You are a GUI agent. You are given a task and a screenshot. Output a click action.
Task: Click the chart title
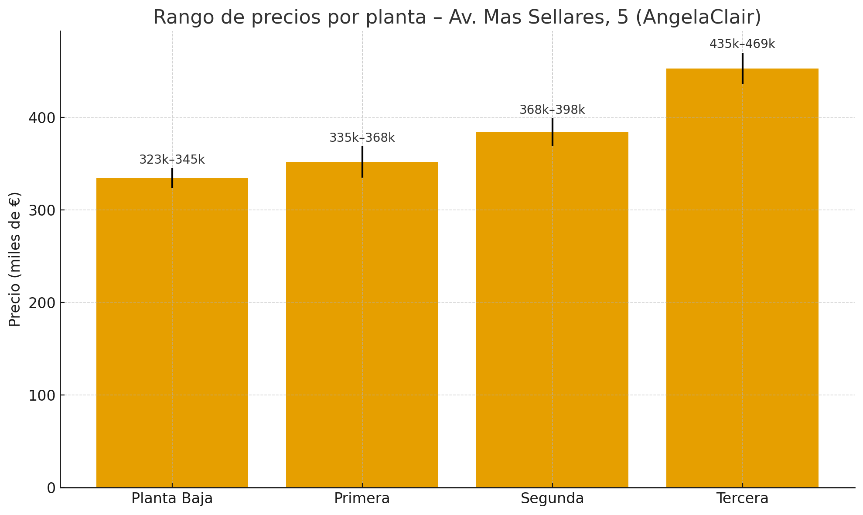tap(457, 17)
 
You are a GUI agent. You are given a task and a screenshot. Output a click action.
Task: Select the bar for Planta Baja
tap(172, 332)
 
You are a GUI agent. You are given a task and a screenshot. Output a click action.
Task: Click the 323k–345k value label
tap(172, 160)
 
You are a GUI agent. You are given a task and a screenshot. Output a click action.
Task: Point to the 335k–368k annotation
tap(362, 138)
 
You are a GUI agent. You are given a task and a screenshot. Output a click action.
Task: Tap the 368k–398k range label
tap(552, 110)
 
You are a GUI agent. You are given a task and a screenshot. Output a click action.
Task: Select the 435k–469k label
tap(742, 44)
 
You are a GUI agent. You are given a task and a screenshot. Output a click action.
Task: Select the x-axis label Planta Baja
tap(172, 498)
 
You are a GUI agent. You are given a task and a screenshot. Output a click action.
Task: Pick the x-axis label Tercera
tap(742, 498)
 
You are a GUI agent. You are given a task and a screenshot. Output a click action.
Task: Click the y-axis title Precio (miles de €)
tap(15, 259)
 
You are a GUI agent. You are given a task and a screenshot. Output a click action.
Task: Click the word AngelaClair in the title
tap(698, 17)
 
